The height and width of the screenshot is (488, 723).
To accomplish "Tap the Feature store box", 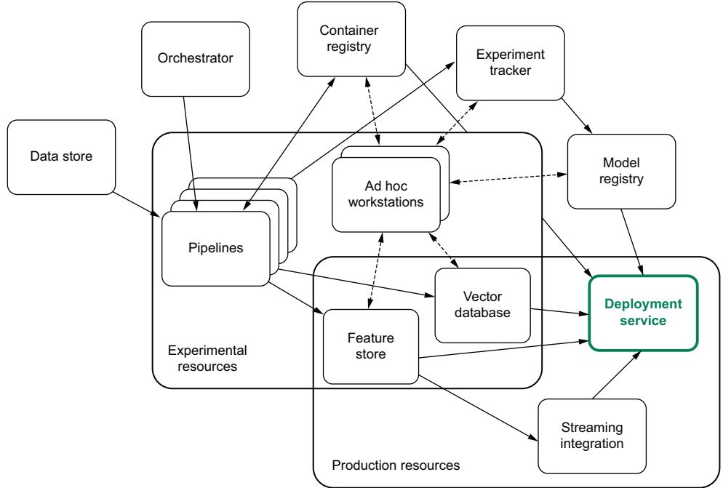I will coord(371,346).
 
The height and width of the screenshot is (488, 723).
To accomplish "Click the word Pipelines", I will coord(215,247).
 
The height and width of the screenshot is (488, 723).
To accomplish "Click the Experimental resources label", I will coord(202,357).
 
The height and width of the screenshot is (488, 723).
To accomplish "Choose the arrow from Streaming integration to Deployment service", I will coord(617,375).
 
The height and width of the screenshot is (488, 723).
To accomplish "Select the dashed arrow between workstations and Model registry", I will coord(508,177).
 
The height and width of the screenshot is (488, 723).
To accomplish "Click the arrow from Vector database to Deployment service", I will coord(559,312).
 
